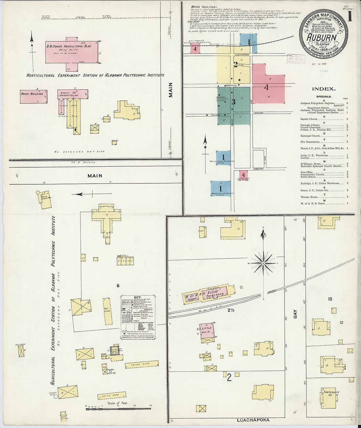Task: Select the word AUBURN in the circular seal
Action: [321, 37]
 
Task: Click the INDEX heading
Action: [324, 89]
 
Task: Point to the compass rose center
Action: [263, 263]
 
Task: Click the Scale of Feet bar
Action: [118, 408]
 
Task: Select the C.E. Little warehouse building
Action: [207, 332]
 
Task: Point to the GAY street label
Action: [295, 314]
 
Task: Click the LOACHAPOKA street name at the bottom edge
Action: [253, 420]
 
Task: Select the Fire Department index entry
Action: [310, 142]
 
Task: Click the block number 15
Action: [330, 299]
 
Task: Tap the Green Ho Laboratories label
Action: [68, 94]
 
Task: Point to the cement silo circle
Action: [56, 396]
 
